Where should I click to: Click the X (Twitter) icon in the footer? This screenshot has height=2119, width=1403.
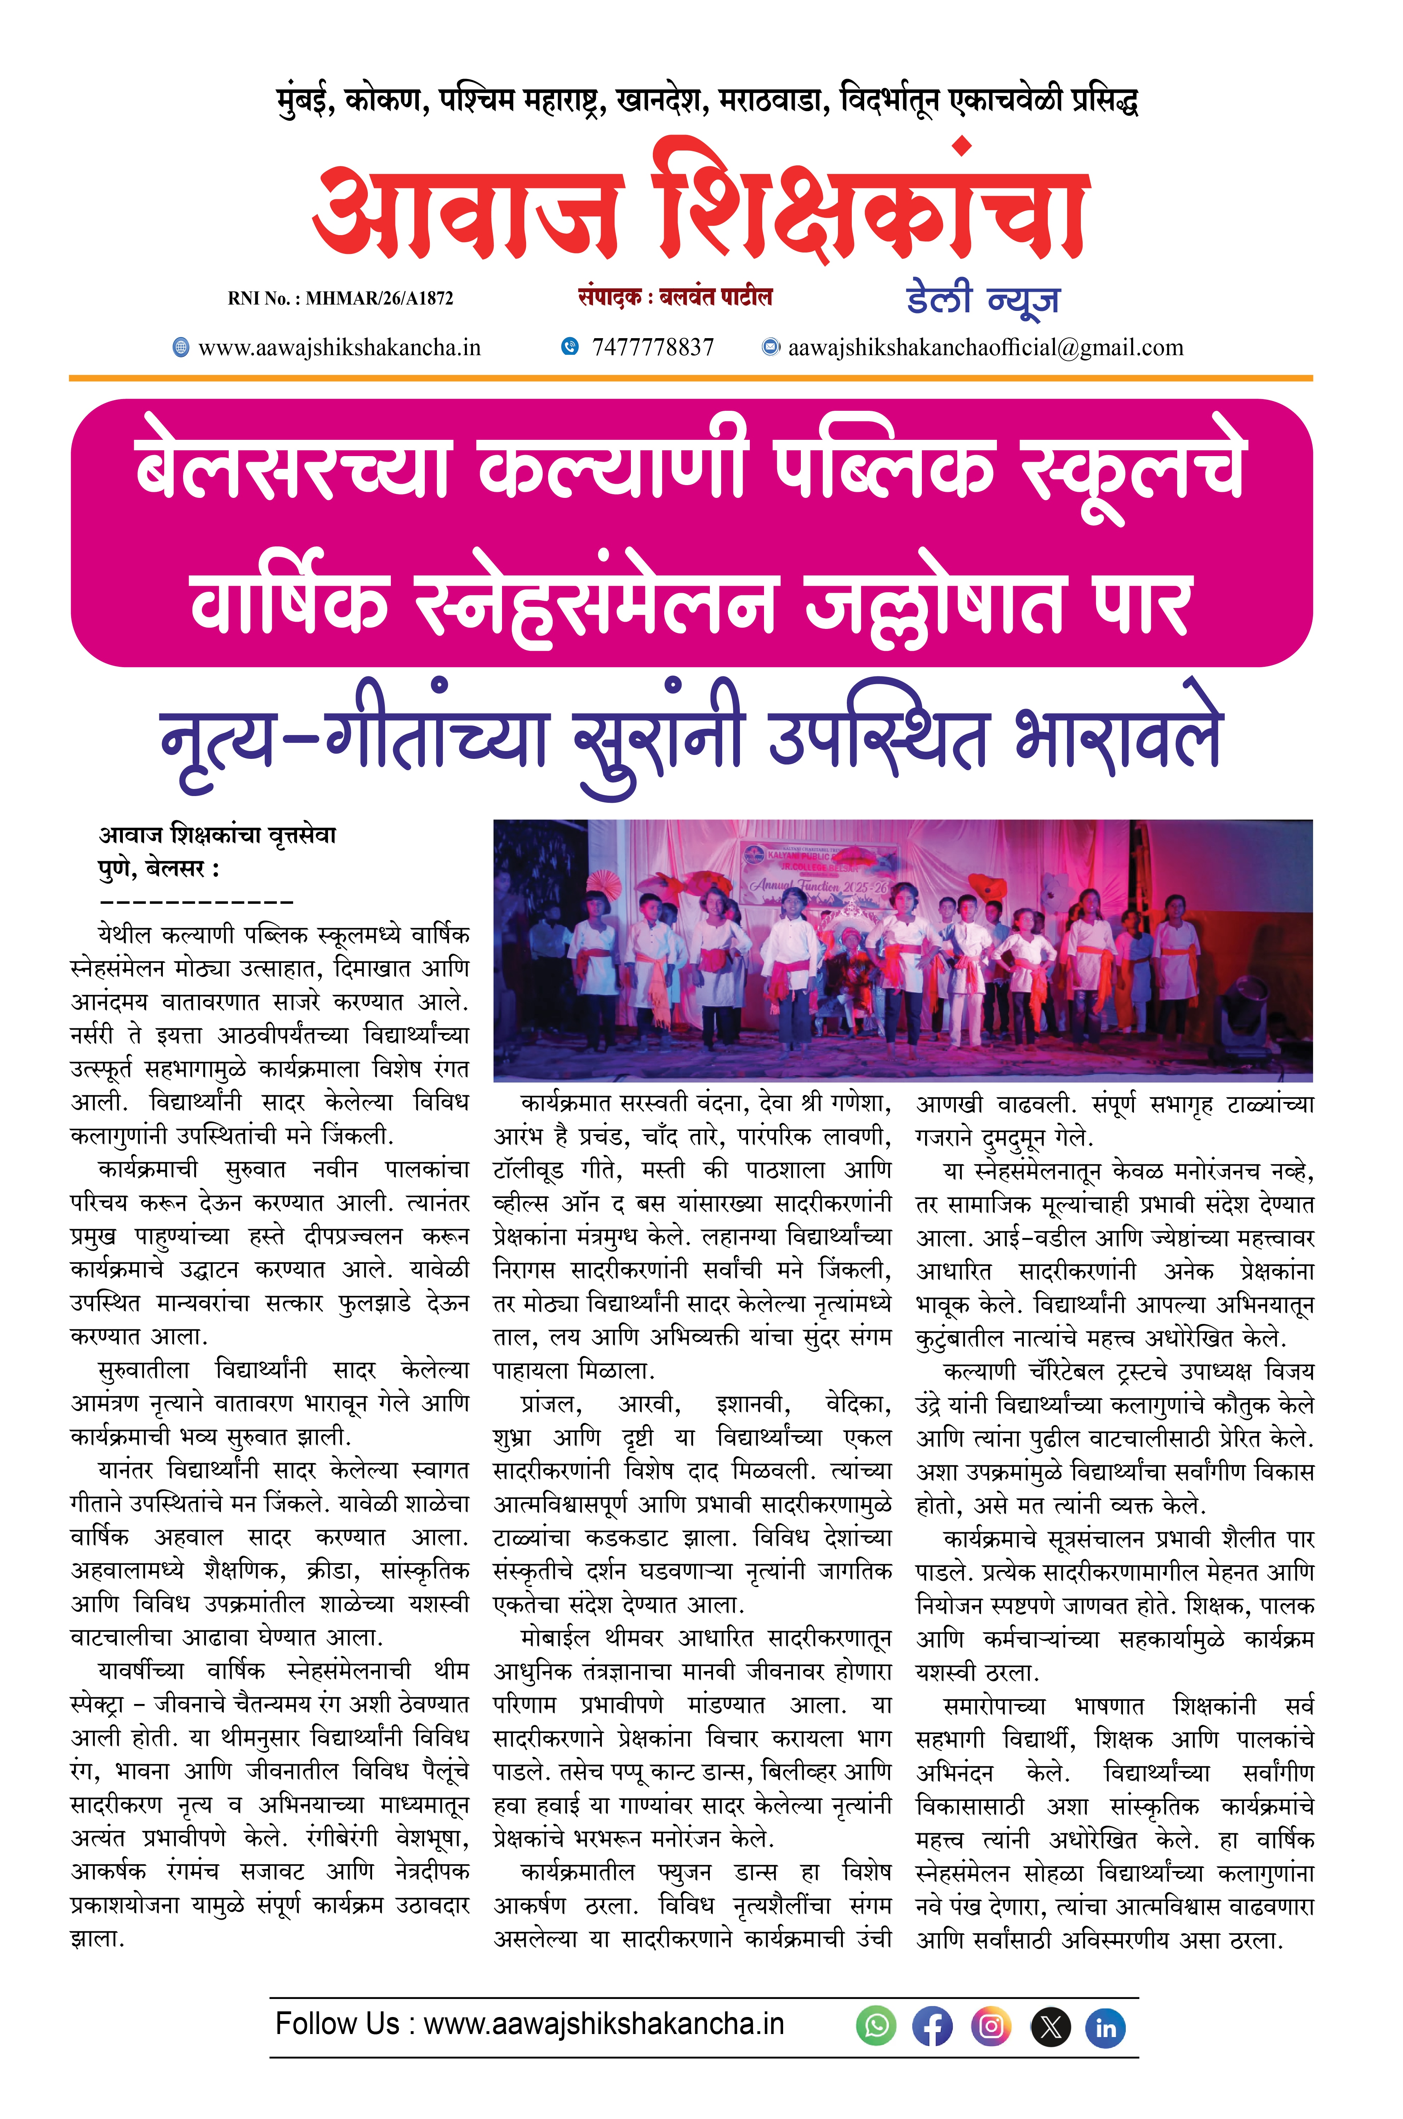click(x=1050, y=2027)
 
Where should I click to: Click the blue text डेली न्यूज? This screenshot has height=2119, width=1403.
click(x=982, y=300)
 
